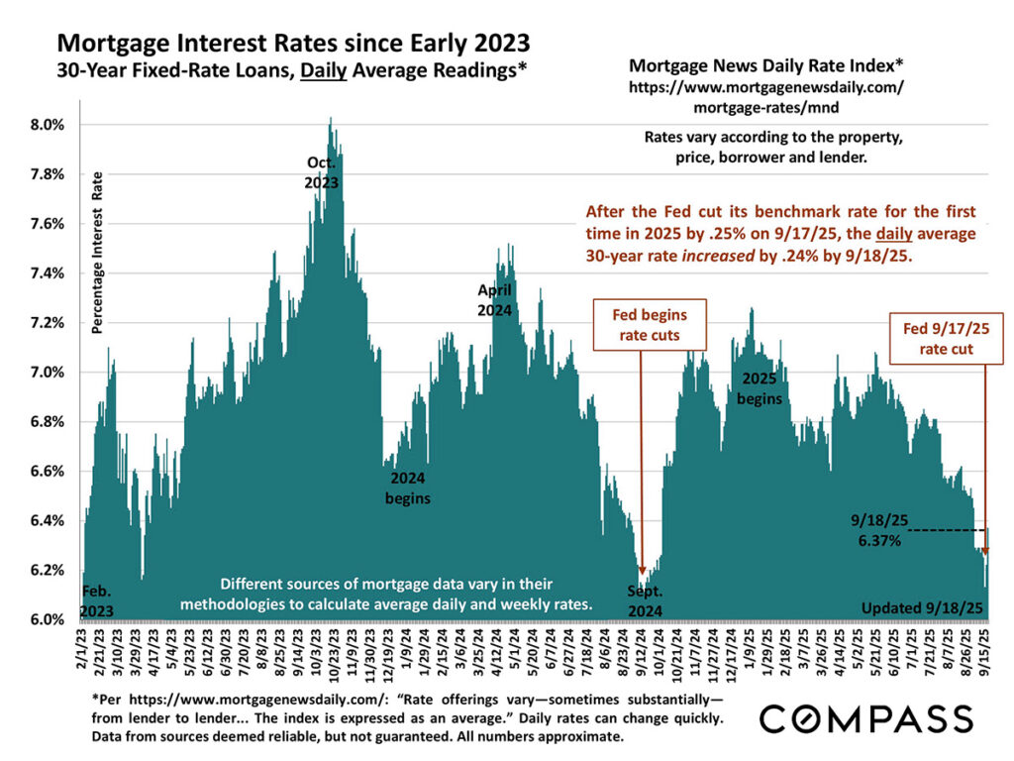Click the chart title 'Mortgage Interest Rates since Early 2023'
click(x=293, y=44)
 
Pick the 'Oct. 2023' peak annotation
click(x=321, y=172)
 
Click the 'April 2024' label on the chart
click(x=494, y=300)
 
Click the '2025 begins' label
click(x=760, y=388)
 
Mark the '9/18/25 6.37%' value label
click(x=879, y=531)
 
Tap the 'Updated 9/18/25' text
click(x=921, y=607)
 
